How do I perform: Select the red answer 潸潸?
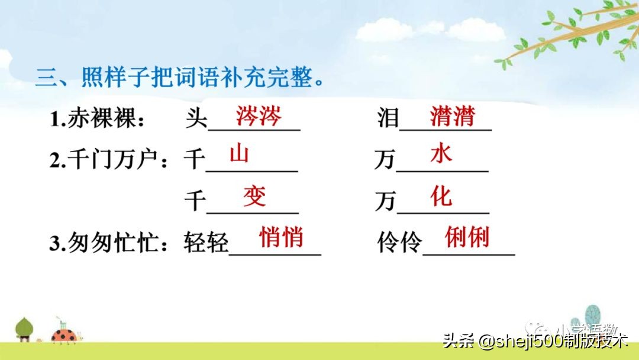(453, 117)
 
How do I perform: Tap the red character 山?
(239, 155)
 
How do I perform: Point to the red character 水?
(441, 155)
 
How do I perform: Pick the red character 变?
(254, 196)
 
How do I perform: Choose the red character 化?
(441, 196)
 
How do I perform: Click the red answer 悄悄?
(281, 237)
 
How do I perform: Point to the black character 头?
(196, 120)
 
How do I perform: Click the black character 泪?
(388, 120)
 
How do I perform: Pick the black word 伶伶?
(400, 244)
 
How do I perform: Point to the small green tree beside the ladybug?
(24, 328)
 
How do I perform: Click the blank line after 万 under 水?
(442, 171)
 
